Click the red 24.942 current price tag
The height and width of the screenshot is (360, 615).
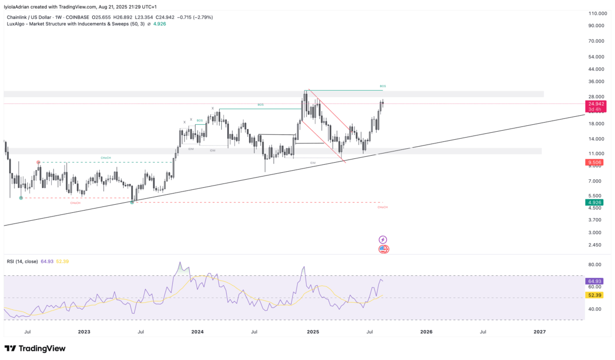[596, 104]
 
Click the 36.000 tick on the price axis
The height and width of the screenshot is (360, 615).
[597, 82]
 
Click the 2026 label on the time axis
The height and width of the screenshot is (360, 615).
[426, 332]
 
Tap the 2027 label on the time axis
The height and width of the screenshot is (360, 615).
[540, 332]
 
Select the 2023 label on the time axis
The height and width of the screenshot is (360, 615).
[84, 332]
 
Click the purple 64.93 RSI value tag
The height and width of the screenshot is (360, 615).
[595, 281]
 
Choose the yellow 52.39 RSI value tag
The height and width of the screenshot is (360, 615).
[595, 295]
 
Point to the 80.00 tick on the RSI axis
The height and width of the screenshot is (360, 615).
[595, 265]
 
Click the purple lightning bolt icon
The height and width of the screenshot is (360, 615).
[382, 240]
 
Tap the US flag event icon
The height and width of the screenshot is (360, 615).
[384, 249]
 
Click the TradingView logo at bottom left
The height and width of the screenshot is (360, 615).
[35, 348]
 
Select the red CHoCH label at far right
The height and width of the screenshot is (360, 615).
[382, 207]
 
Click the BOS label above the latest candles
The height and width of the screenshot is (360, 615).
[382, 86]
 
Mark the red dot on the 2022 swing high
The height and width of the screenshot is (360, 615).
[38, 162]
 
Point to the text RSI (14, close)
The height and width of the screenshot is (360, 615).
[22, 261]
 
